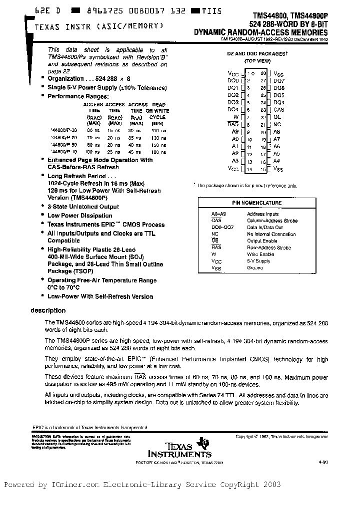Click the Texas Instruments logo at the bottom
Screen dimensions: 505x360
pyautogui.click(x=179, y=448)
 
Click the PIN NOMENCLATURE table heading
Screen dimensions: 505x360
pyautogui.click(x=263, y=203)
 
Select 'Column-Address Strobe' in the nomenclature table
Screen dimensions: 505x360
pyautogui.click(x=272, y=221)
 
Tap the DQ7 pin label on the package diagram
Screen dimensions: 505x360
pyautogui.click(x=279, y=80)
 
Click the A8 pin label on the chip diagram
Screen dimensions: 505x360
pyautogui.click(x=277, y=132)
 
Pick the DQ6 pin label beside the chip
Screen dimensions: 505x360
pyautogui.click(x=279, y=87)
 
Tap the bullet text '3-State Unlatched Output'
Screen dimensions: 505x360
pyautogui.click(x=83, y=207)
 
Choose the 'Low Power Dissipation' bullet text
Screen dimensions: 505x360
pyautogui.click(x=79, y=216)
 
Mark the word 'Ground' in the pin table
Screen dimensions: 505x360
pyautogui.click(x=254, y=267)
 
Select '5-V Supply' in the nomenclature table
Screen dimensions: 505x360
pyautogui.click(x=258, y=261)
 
